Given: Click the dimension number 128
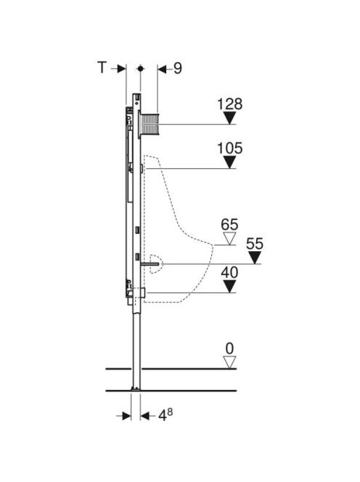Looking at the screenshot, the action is point(229,104).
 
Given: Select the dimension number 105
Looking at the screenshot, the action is point(229,148).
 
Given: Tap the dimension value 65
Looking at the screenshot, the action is point(229,225).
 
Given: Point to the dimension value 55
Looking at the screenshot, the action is point(255,244).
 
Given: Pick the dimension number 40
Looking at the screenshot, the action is point(229,273).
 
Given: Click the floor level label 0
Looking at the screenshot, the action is point(229,349).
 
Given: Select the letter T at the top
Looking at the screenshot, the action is point(102,68).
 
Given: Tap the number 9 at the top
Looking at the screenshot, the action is point(178,68).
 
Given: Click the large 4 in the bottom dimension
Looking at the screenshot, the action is point(163,416).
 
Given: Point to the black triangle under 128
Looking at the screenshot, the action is point(229,118).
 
